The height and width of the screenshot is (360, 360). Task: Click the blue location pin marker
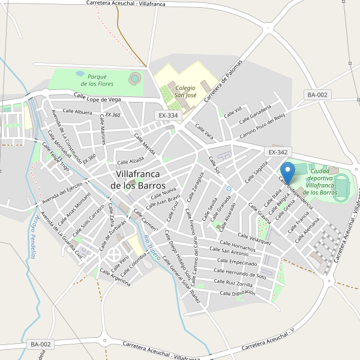coord(288,173)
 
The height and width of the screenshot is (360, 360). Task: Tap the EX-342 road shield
coord(279,152)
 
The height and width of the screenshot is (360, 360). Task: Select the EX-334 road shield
coord(168,115)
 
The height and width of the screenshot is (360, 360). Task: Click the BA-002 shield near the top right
coord(317,95)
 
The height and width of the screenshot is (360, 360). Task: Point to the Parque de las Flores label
coord(97,80)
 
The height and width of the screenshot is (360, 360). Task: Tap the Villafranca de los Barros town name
coord(138,180)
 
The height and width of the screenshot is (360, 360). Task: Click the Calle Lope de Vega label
coord(98,97)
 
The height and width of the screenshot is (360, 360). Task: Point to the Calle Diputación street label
coord(238,293)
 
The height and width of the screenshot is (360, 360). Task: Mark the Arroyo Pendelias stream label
coord(34,236)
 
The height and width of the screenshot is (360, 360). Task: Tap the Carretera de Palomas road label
coord(223,82)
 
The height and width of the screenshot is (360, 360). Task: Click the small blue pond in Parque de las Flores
coord(80,74)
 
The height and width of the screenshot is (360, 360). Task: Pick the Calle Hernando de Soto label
coord(240,272)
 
